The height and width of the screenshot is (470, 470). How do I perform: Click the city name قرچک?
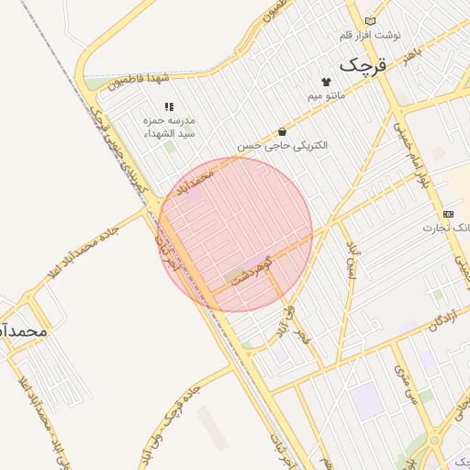point(364,65)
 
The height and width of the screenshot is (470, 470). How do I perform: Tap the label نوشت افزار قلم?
point(370,35)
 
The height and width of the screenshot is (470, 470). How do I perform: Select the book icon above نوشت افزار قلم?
point(370,20)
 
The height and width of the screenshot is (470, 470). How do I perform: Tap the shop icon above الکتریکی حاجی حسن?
point(281,132)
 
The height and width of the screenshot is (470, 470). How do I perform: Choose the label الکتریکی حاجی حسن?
point(282,146)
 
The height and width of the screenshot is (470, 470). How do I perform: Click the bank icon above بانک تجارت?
point(448,213)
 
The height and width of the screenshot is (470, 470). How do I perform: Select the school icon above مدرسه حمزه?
point(168,107)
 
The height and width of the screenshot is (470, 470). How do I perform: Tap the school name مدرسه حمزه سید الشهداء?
point(166,127)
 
